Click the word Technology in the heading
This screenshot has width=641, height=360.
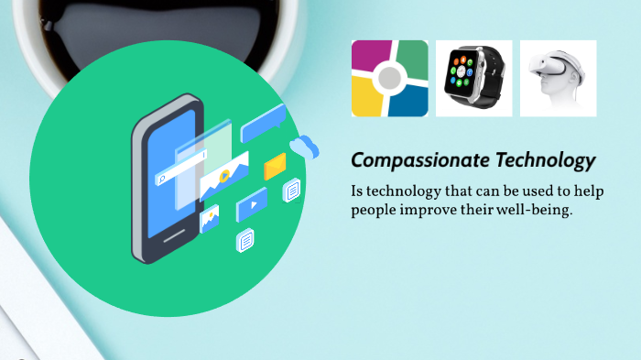(x=545, y=161)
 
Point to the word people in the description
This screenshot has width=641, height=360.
(x=372, y=210)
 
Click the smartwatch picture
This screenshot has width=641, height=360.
(x=473, y=78)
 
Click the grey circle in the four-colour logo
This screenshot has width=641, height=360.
(x=389, y=79)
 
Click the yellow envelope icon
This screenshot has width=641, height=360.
(x=275, y=166)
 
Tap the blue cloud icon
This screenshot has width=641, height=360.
(x=304, y=147)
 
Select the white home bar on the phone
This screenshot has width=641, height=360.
(x=175, y=236)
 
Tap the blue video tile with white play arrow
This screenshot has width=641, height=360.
(x=250, y=205)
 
